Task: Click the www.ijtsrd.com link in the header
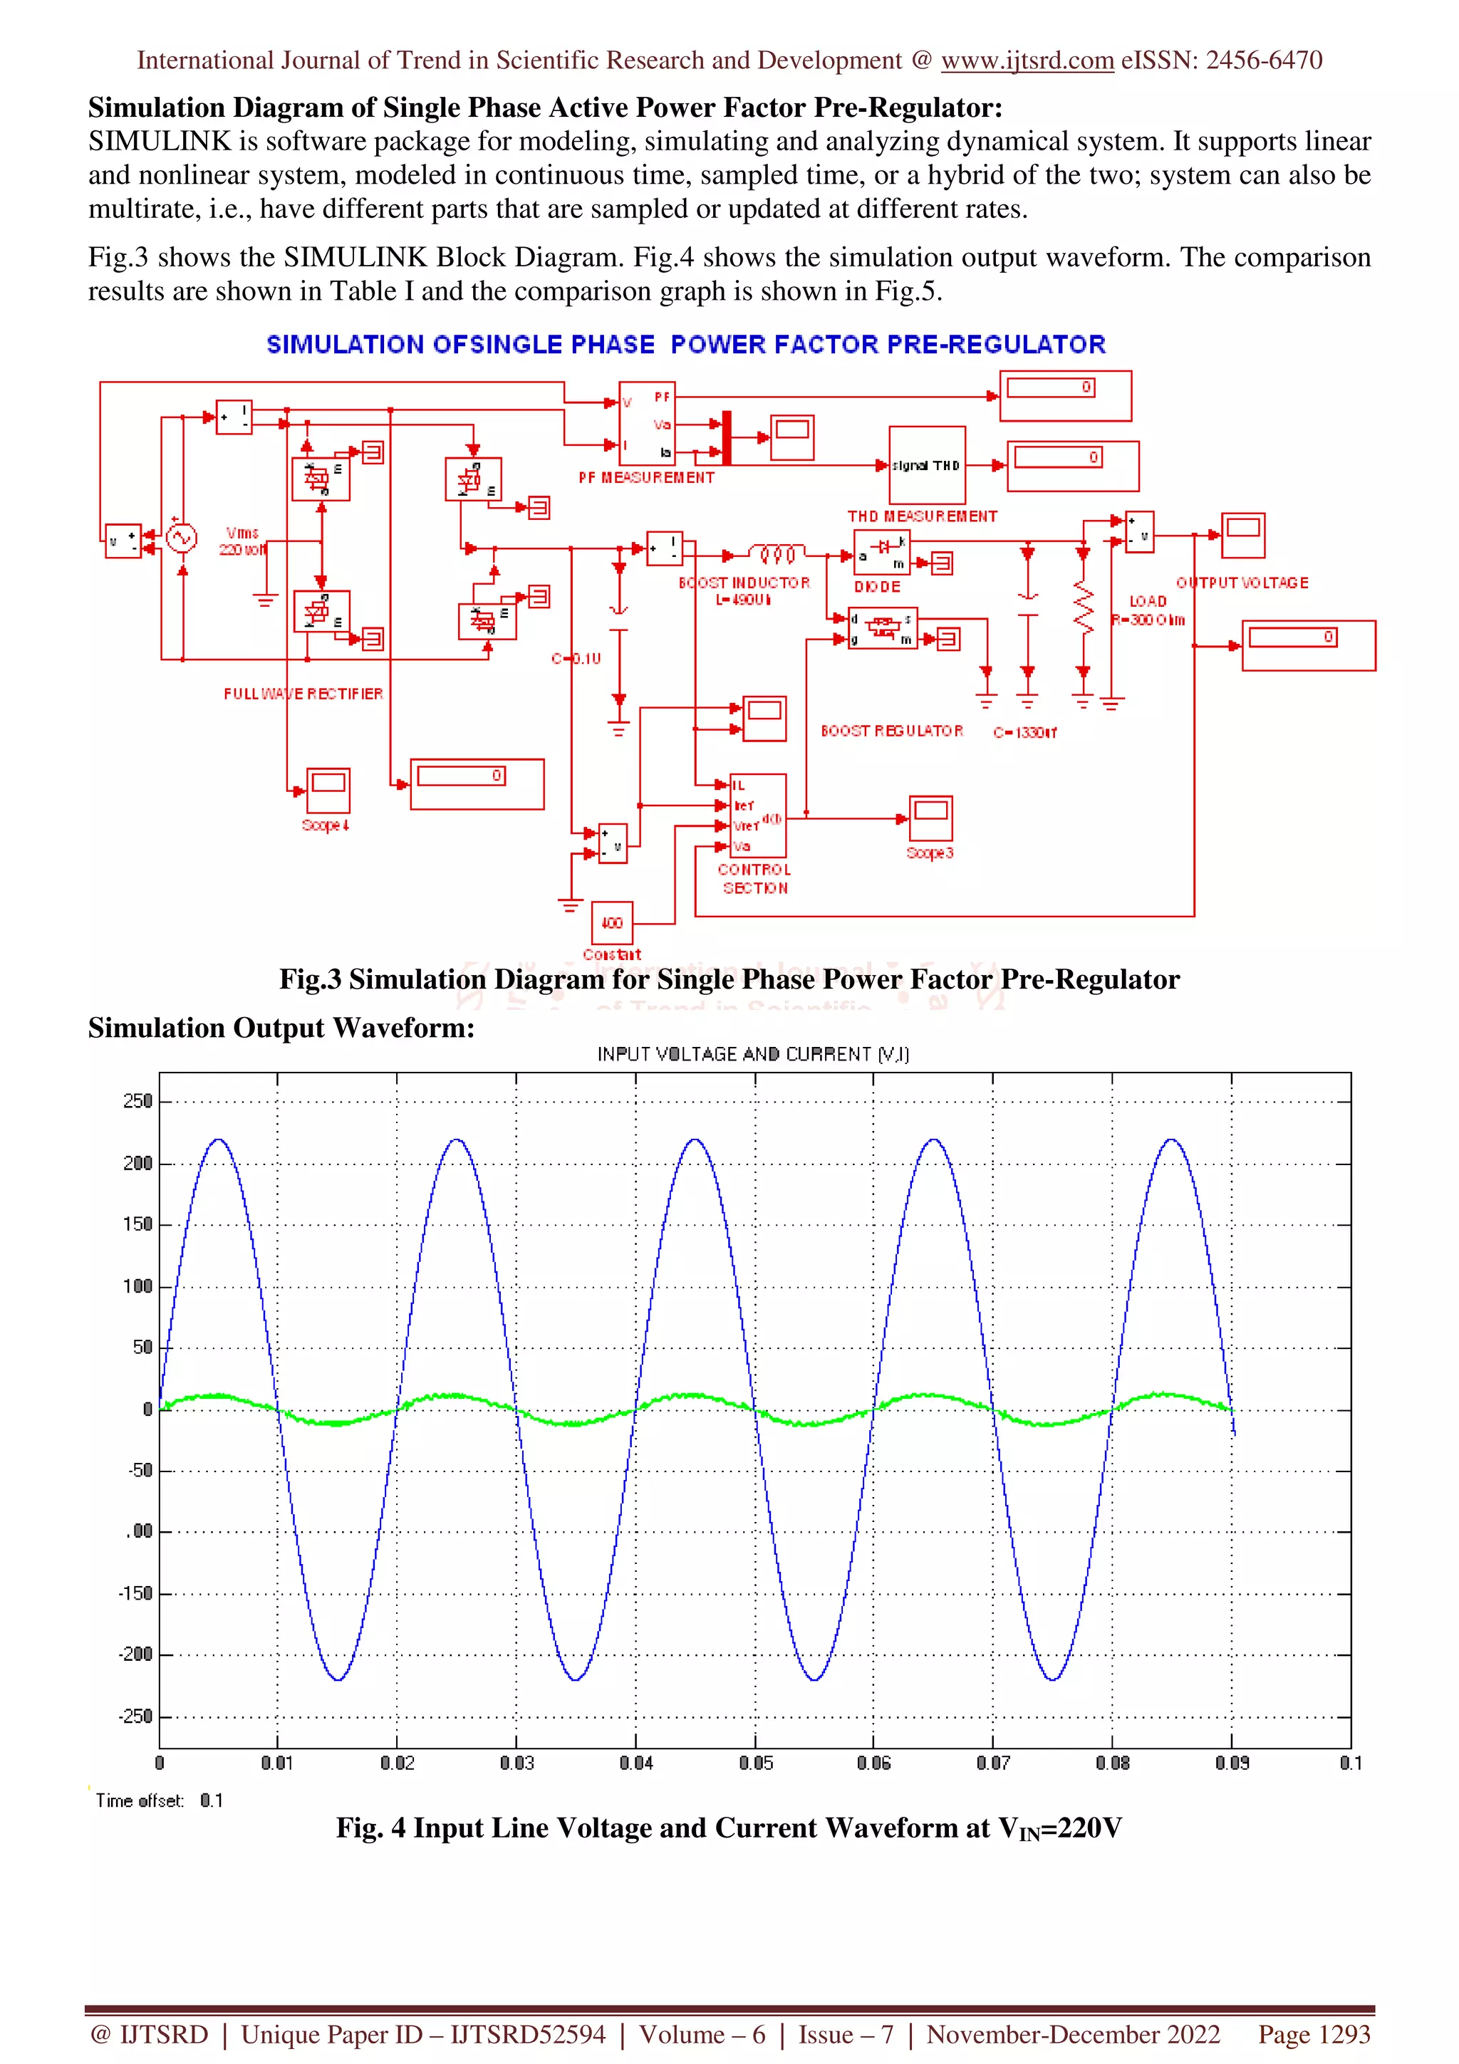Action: coord(1027,61)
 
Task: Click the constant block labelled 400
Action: coord(611,922)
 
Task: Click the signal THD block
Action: coord(927,465)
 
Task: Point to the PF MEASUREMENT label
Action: coord(646,477)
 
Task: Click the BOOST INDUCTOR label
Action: coord(744,583)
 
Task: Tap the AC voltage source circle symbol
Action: coord(182,538)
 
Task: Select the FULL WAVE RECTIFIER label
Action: coord(303,693)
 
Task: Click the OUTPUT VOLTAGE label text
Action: coord(1242,583)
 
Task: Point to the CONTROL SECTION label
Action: coord(754,878)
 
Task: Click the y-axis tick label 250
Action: coord(137,1101)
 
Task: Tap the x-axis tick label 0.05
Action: coord(755,1763)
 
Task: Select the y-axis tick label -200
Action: coord(136,1654)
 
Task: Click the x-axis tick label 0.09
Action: coord(1232,1763)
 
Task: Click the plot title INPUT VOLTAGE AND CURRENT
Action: coord(753,1053)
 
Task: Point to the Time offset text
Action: coord(140,1800)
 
